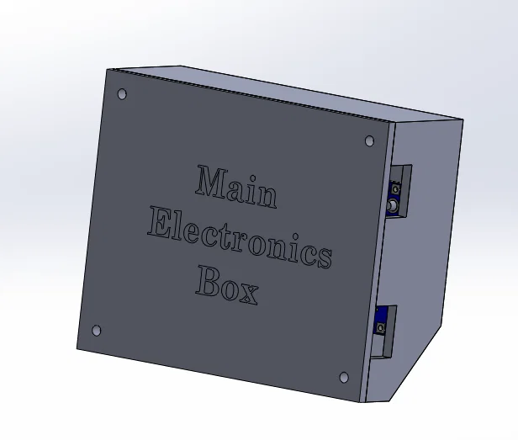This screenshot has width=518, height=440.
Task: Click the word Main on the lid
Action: pos(235,187)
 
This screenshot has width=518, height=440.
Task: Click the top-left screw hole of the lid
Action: pos(122,94)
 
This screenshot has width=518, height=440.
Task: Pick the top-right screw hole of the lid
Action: pos(369,140)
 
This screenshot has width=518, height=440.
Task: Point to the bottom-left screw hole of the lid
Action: pos(96,331)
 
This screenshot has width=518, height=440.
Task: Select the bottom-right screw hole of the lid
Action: pos(343,378)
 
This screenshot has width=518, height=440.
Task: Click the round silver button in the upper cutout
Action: pos(392,205)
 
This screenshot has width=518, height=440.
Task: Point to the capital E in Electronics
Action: pos(160,224)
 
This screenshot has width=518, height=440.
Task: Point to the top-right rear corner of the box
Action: pos(461,120)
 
